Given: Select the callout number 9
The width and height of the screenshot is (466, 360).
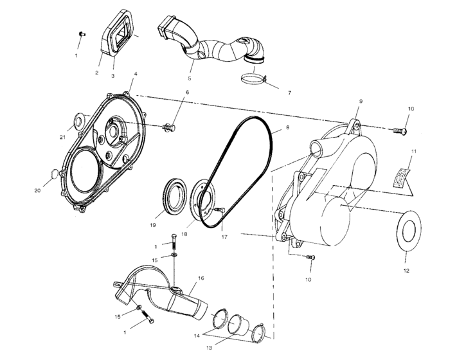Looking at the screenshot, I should [x=361, y=102].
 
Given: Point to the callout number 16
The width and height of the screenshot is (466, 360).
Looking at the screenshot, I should [x=201, y=278].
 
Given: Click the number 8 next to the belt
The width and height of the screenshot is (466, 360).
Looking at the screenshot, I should [x=287, y=128].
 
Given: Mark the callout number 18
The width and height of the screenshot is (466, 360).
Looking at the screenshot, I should [x=184, y=235].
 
